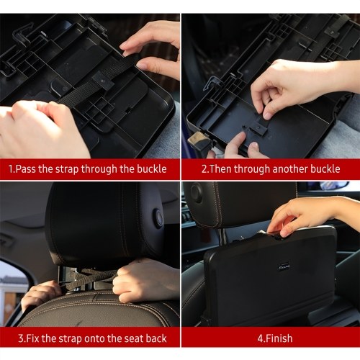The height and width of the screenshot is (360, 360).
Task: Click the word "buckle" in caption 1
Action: tap(152, 169)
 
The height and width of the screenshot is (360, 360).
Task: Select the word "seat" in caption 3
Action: tap(133, 338)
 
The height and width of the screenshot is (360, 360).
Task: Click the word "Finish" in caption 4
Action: tap(279, 338)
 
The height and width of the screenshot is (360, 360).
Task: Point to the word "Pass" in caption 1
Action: tap(26, 169)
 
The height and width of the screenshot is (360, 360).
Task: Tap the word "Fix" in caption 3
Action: tap(32, 338)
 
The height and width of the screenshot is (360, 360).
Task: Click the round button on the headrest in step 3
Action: tap(158, 218)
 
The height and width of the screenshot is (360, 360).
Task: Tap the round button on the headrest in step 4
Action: tap(197, 192)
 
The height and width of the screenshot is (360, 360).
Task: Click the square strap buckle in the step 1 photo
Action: tap(103, 79)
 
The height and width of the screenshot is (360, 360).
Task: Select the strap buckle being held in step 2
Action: tap(258, 125)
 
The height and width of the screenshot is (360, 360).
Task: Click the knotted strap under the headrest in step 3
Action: tap(96, 276)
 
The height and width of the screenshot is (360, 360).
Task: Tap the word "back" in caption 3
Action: tap(156, 338)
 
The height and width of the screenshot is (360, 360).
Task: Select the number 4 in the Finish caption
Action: tap(260, 338)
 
